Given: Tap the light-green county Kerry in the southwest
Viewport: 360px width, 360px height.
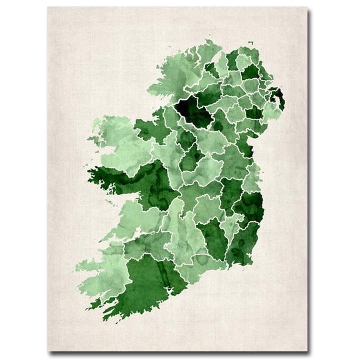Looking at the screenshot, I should coord(103,262).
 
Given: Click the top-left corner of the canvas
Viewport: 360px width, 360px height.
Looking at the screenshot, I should coord(48,7).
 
